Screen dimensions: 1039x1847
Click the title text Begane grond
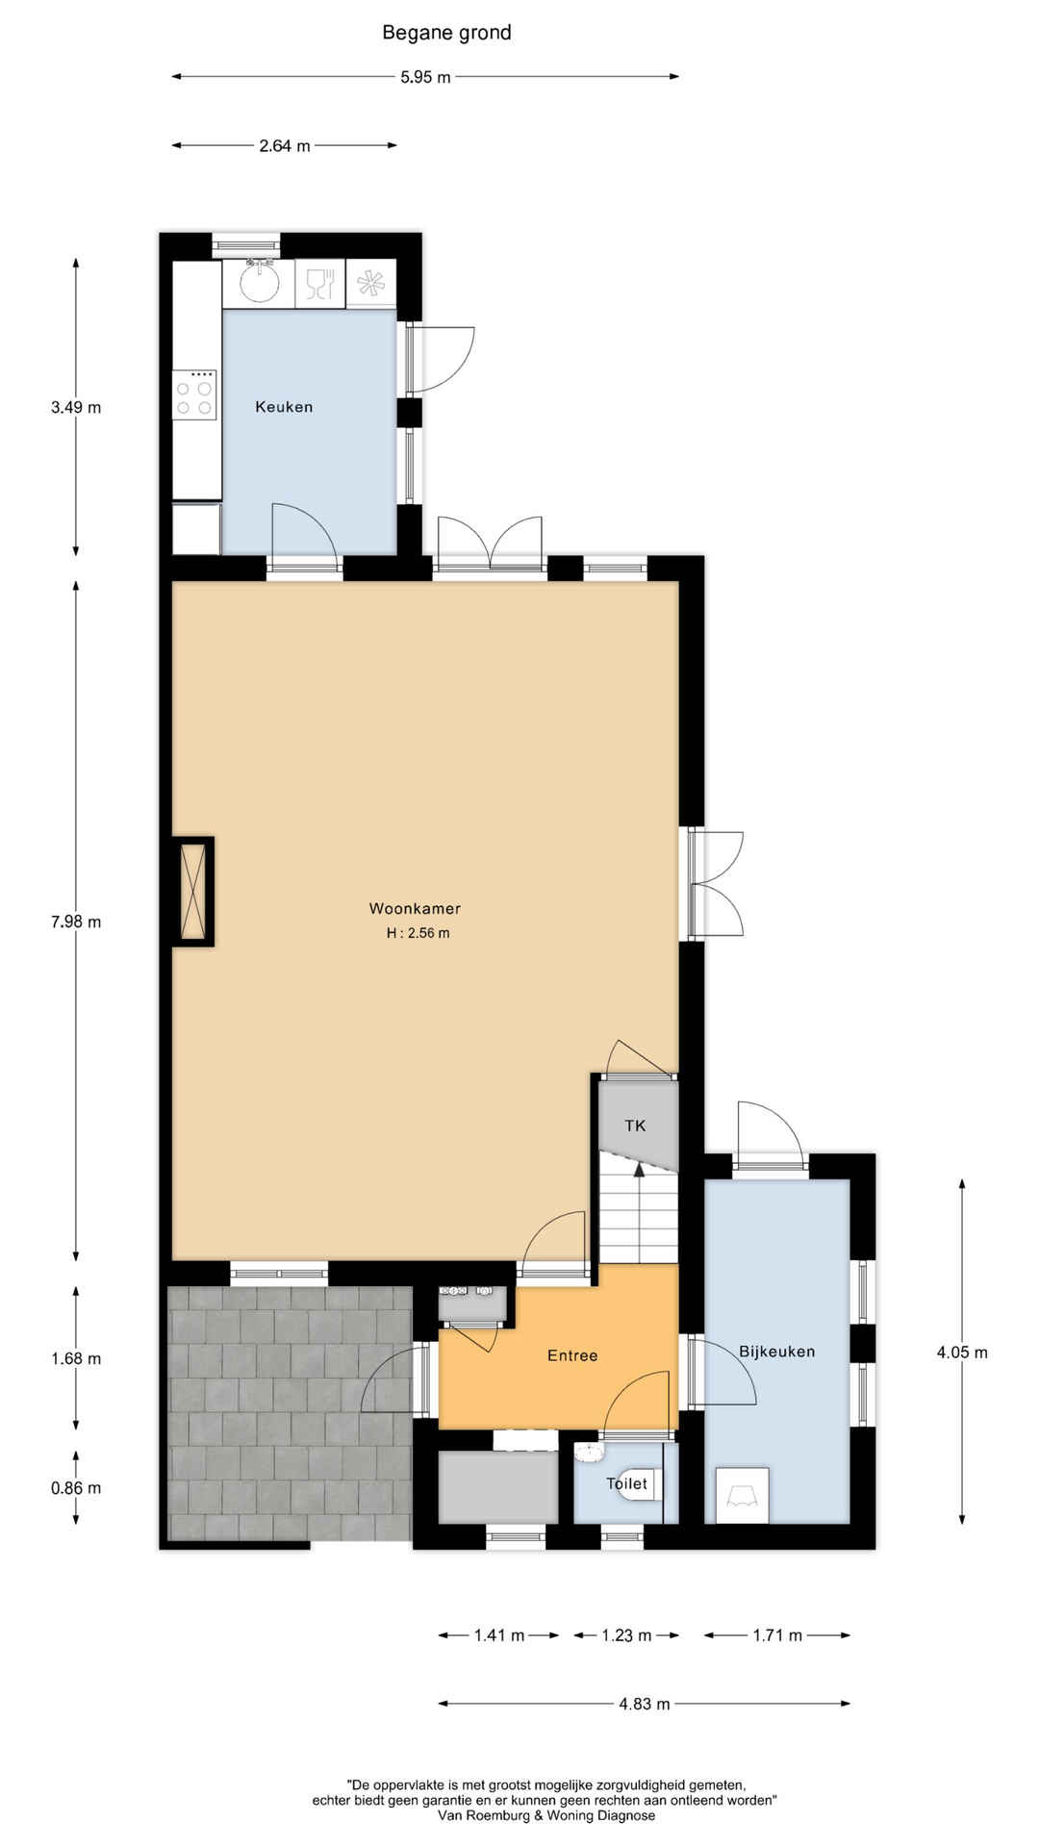(446, 34)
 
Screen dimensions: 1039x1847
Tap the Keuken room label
(284, 407)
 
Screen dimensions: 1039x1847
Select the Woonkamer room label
(415, 908)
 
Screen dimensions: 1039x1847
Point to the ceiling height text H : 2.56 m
(418, 933)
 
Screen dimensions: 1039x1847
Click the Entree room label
(572, 1355)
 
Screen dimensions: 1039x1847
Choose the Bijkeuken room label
(777, 1352)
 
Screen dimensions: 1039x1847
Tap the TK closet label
(635, 1126)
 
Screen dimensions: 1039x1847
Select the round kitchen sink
(259, 283)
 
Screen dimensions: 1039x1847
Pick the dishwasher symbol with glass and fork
(319, 284)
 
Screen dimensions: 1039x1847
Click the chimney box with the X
(192, 891)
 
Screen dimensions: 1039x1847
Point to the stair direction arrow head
(637, 1169)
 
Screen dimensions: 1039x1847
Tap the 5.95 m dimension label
(425, 77)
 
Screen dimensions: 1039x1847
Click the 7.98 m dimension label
(76, 922)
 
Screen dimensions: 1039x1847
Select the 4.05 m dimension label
(962, 1353)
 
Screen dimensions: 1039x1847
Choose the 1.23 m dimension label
(626, 1635)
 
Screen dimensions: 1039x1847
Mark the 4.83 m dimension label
(645, 1704)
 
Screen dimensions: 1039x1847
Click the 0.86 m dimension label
(76, 1488)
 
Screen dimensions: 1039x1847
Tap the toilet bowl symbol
(636, 1483)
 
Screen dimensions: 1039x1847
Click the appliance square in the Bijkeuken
(742, 1495)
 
